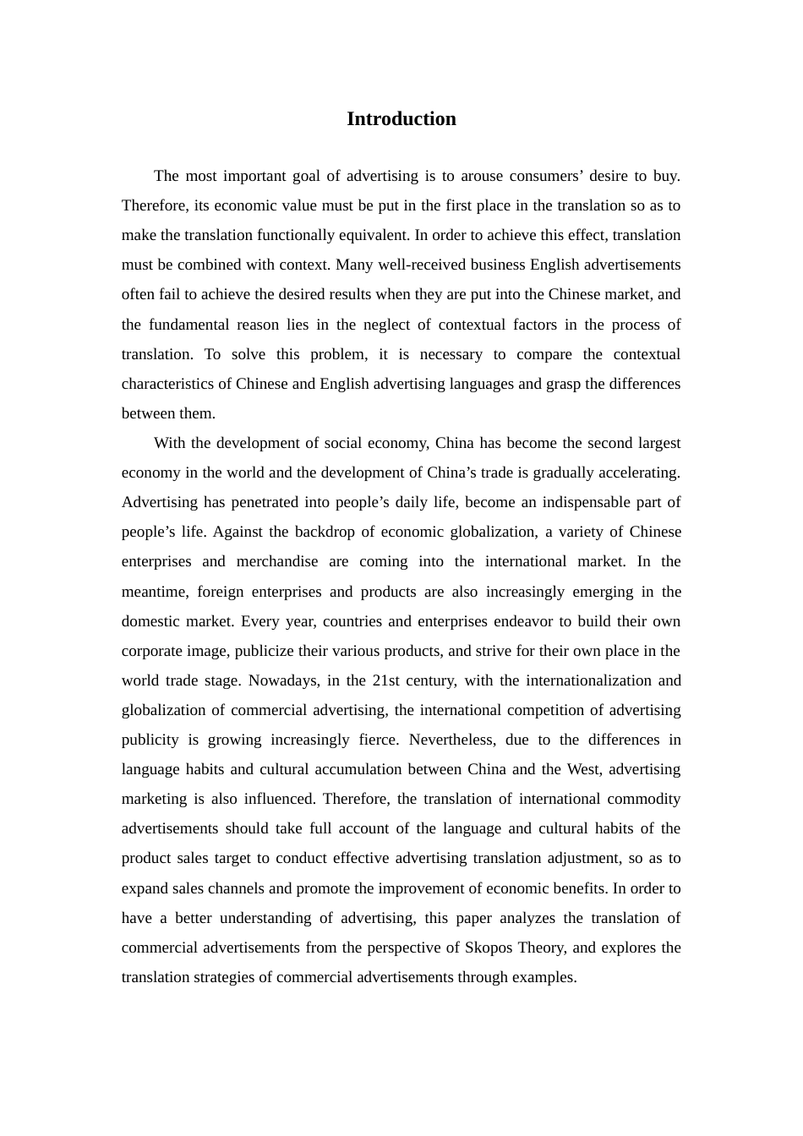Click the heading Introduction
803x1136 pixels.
tap(401, 119)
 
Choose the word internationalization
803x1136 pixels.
tap(587, 681)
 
